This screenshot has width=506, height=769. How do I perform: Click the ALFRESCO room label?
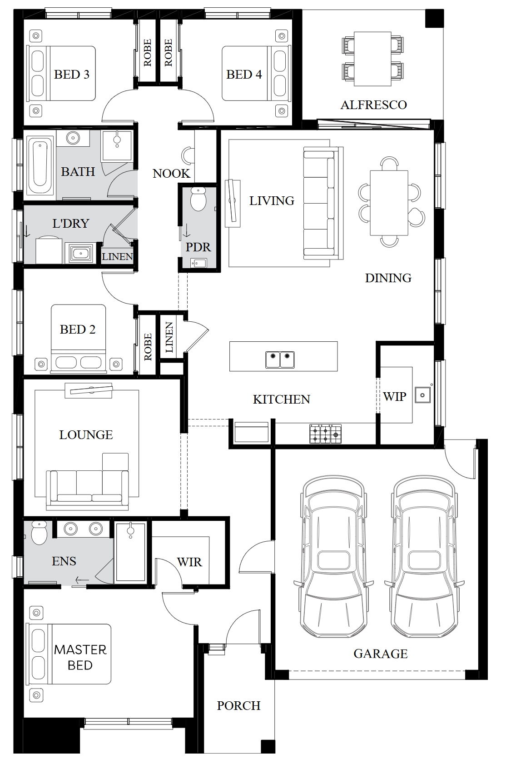(x=373, y=105)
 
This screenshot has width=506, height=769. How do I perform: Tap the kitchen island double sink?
(x=280, y=360)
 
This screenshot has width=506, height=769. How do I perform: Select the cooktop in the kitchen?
(x=326, y=434)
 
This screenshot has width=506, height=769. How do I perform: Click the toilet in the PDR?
(x=198, y=199)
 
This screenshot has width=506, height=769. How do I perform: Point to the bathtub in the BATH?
(x=40, y=166)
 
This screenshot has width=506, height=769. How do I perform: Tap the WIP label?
(x=395, y=396)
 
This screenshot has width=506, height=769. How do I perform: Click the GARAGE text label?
(x=381, y=654)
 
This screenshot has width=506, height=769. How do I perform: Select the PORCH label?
(x=239, y=705)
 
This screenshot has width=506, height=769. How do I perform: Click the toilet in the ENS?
(x=39, y=533)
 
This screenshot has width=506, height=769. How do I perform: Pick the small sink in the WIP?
(x=422, y=395)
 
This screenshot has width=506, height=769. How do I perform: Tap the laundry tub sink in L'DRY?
(x=80, y=253)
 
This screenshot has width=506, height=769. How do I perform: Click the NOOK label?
(x=171, y=173)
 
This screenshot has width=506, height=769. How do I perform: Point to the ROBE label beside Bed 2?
(x=148, y=347)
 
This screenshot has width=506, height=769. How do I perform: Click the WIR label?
(x=189, y=562)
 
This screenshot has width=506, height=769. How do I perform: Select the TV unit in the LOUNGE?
(x=89, y=391)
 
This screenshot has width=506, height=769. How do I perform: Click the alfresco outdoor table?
(x=372, y=59)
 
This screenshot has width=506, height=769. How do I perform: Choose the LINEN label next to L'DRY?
(x=117, y=256)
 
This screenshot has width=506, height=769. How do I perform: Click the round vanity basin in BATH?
(x=73, y=138)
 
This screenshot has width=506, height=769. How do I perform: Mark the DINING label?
(x=388, y=278)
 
